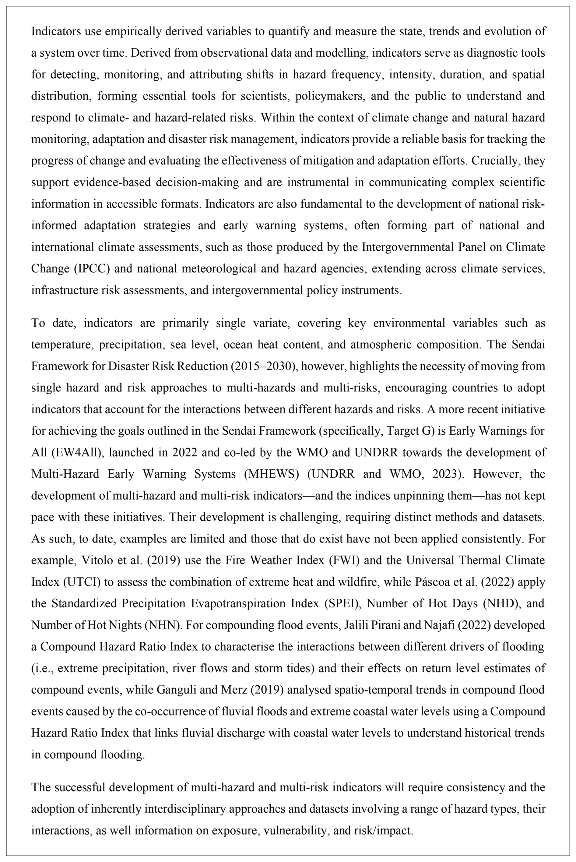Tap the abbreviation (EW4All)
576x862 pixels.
[x=77, y=452]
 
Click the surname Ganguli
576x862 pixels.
[x=177, y=690]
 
